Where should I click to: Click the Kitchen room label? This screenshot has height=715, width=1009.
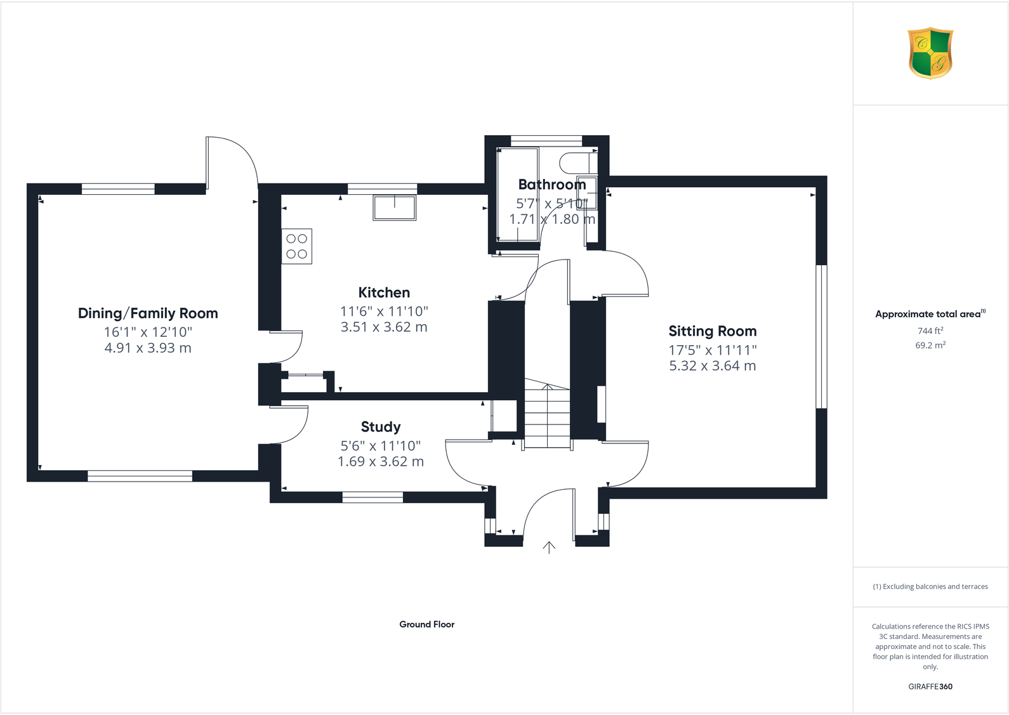(x=384, y=292)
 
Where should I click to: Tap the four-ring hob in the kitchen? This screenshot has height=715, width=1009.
(x=296, y=246)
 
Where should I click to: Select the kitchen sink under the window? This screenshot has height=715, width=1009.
(x=394, y=207)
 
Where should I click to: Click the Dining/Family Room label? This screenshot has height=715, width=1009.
(x=148, y=313)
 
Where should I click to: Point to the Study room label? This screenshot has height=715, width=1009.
(x=381, y=427)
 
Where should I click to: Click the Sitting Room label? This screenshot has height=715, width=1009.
(x=712, y=331)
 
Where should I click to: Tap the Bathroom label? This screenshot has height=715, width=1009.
(x=551, y=185)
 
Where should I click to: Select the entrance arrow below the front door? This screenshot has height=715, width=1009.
(x=549, y=547)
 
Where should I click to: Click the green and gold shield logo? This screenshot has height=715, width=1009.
(x=930, y=53)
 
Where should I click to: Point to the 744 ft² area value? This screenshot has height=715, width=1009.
(x=930, y=331)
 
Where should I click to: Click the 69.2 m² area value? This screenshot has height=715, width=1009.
(x=930, y=345)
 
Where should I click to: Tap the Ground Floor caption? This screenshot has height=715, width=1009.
(x=426, y=624)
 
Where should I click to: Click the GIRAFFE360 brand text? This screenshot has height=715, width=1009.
(x=930, y=686)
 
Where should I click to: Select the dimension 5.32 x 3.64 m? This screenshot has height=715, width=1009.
(x=712, y=366)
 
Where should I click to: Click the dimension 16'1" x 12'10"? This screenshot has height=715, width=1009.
(x=148, y=332)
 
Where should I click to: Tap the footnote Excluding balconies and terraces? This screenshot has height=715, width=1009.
(x=930, y=587)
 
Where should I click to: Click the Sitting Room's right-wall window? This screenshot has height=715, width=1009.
(x=821, y=336)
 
